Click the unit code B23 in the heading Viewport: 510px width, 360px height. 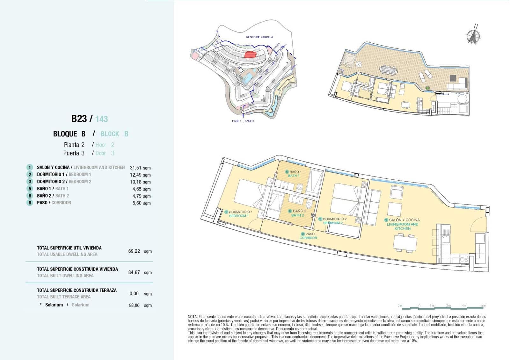(79, 119)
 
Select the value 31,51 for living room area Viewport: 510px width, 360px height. (136, 168)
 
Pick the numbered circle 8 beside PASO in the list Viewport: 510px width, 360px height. (30, 203)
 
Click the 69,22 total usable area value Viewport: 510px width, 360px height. (134, 251)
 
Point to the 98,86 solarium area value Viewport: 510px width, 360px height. (134, 305)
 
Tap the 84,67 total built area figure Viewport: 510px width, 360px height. (134, 272)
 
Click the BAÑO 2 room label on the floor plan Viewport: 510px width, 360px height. (297, 213)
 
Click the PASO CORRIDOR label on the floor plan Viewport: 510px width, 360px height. (308, 236)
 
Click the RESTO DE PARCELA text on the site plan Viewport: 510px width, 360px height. (259, 37)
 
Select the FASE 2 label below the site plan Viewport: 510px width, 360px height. (249, 121)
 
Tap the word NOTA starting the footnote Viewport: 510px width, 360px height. (193, 317)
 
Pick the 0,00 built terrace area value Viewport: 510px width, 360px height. (134, 293)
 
